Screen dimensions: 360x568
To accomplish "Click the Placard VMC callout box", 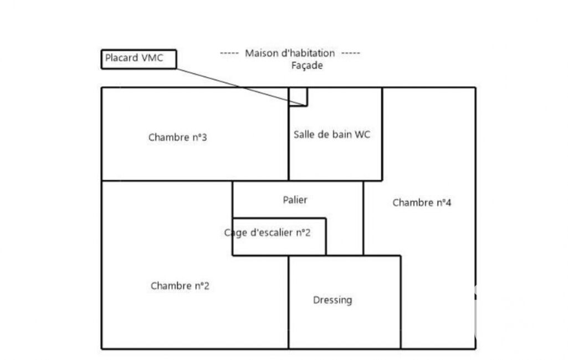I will coord(139,59).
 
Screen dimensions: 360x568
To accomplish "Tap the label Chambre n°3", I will coord(178,137).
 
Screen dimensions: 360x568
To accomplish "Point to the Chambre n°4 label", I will coord(422,203).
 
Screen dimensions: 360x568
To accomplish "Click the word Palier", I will coord(295,200).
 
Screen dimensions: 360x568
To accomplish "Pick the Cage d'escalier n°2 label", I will coord(268,233).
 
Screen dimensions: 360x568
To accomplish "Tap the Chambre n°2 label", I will coord(180,286).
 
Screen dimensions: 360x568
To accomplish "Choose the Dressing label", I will coord(332,300).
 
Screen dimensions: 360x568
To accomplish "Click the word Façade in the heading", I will coord(307,65).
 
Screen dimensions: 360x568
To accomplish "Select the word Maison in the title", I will coord(261,53).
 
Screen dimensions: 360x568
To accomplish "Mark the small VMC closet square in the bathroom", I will coord(298,96).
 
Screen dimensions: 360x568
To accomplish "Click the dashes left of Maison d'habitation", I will coord(229,53).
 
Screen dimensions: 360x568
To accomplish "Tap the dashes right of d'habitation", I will coord(350,53).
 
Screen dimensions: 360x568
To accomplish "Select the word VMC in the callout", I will coord(152,58).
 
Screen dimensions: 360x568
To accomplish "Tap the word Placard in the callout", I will coord(121,58).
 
